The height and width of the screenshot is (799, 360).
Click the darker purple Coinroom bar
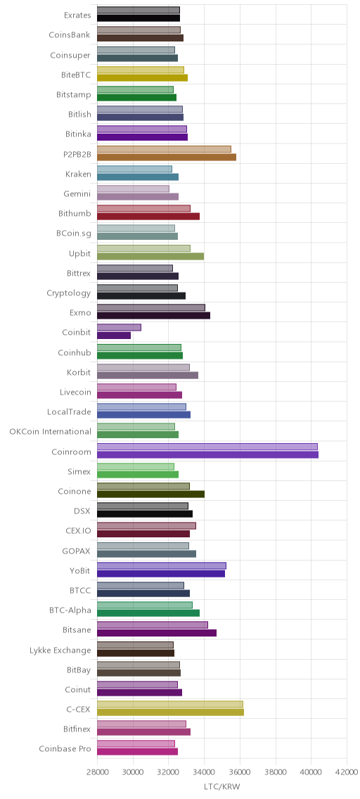click(207, 454)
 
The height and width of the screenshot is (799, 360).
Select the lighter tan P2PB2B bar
click(164, 149)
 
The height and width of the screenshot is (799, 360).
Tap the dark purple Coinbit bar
click(113, 335)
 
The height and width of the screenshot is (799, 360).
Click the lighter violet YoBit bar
click(162, 565)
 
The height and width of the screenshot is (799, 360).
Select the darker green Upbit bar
click(150, 256)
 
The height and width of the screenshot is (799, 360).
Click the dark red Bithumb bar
click(148, 217)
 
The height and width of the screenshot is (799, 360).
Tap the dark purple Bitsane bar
click(157, 633)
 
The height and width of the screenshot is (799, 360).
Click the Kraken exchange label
click(79, 174)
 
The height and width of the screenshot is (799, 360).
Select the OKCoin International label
click(51, 432)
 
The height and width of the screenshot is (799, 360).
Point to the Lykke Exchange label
click(60, 650)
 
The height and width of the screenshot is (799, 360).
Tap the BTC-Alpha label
click(70, 610)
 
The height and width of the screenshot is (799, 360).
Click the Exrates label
click(78, 15)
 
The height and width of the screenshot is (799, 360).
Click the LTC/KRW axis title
click(221, 787)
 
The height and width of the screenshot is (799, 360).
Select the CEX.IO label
click(79, 531)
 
